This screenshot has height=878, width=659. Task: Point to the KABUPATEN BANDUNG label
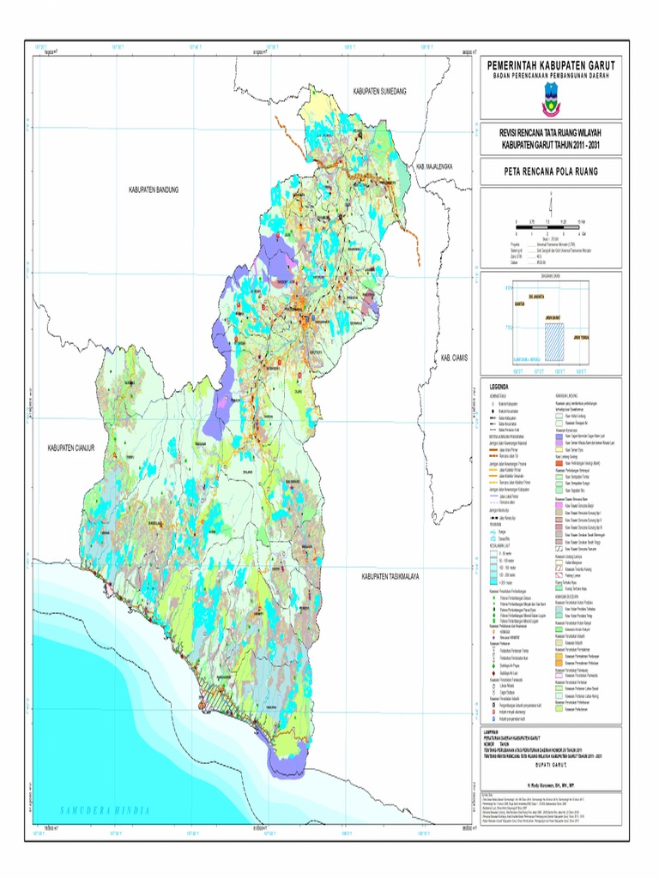tap(154, 189)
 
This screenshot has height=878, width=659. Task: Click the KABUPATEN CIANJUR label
tap(75, 448)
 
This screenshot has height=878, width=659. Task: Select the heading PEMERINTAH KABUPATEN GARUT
tap(550, 66)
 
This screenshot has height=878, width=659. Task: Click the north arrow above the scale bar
tap(550, 202)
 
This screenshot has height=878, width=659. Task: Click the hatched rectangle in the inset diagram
tap(555, 338)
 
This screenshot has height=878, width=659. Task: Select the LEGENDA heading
tap(501, 387)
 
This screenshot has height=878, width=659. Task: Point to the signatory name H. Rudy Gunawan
tap(550, 784)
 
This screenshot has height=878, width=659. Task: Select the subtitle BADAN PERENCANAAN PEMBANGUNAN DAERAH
tap(550, 76)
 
